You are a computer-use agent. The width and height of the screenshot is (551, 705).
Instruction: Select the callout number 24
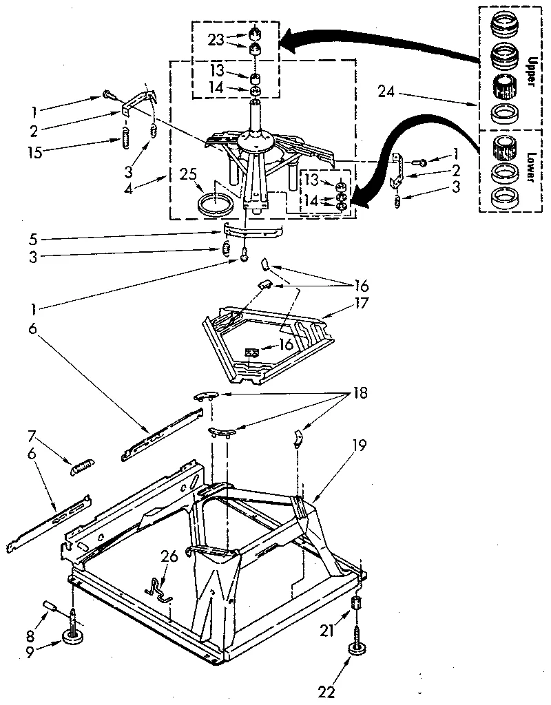387,90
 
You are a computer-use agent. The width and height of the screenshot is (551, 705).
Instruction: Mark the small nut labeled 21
357,603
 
